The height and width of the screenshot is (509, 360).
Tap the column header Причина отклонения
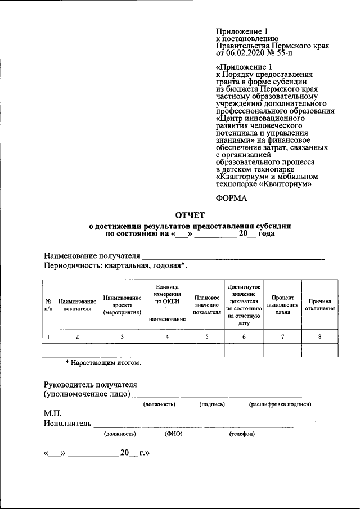point(320,304)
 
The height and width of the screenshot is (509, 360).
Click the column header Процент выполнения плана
point(282,304)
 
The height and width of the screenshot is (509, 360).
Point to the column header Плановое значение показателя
point(206,304)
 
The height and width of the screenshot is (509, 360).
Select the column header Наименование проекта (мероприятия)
point(122,304)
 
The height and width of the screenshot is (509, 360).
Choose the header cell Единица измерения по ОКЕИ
point(167,294)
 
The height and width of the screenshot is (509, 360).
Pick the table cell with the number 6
point(244,336)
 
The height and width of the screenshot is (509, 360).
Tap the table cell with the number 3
point(122,336)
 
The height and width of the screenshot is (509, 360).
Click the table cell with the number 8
point(320,336)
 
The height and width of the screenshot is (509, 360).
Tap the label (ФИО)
point(173,434)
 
